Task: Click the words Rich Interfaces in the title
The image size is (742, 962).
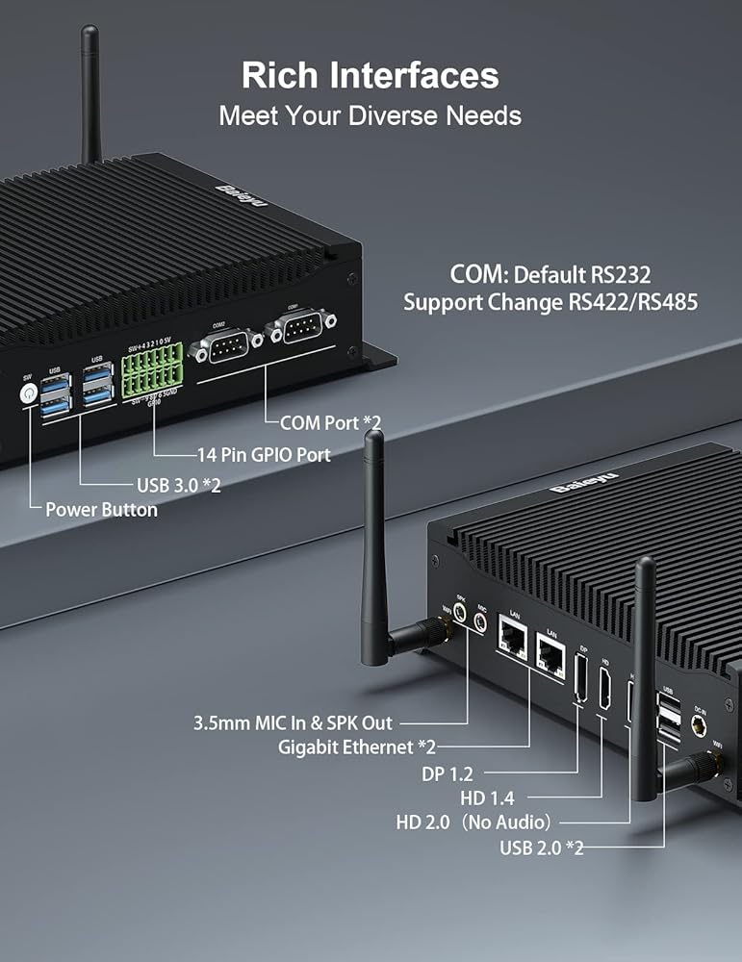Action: coord(371,75)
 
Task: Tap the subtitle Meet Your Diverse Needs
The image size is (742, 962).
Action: coord(371,116)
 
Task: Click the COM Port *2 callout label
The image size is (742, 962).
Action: coord(331,422)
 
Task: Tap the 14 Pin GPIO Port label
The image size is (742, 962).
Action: coord(263,454)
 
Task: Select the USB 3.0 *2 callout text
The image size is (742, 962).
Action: coord(173,485)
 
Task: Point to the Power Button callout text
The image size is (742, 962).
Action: coord(101,510)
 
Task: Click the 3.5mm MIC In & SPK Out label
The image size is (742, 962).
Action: coord(293,722)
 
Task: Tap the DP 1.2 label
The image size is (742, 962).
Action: coord(448,772)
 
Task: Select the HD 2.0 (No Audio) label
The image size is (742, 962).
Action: coord(473,823)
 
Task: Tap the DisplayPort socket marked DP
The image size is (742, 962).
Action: coord(580,680)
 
